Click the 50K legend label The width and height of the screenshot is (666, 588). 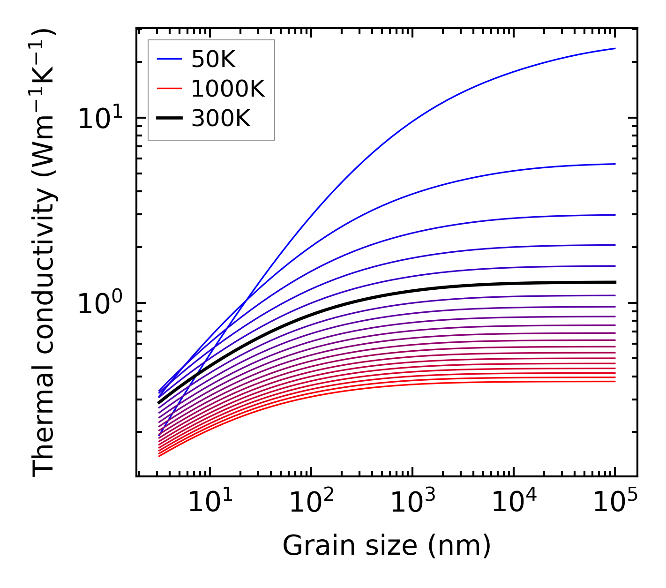coord(213,59)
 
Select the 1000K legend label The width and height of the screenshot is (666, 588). coord(228,89)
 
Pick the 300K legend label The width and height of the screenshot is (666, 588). coord(221,119)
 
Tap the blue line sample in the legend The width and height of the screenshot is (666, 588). coord(169,59)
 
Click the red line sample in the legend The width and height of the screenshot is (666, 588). coord(169,89)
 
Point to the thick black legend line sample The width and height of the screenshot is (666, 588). coord(169,119)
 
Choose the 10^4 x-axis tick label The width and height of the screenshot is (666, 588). coord(513,503)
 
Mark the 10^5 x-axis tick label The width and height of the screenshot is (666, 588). coord(614,503)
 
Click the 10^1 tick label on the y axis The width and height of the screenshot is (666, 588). coord(99,118)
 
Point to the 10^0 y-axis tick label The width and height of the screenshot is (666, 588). coord(99,304)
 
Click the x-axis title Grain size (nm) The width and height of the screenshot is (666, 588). coord(387,546)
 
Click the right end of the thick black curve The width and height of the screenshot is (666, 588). coord(614,282)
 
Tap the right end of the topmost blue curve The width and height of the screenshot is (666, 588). coord(614,48)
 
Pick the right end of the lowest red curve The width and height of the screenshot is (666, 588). coord(614,381)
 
